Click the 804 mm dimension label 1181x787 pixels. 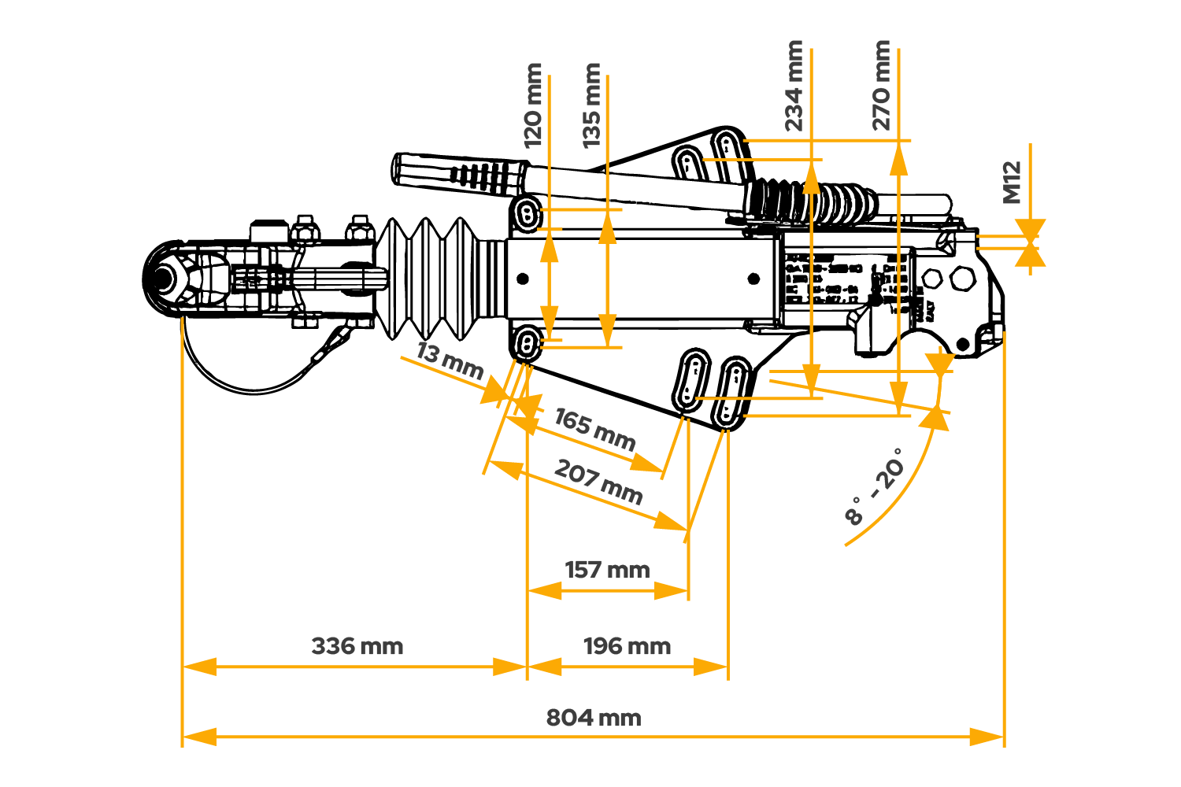click(x=593, y=718)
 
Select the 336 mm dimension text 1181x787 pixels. click(x=357, y=647)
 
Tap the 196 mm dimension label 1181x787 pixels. click(x=627, y=647)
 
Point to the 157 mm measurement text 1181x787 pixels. click(x=607, y=570)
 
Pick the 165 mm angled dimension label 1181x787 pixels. click(x=594, y=428)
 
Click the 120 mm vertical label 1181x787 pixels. click(x=534, y=106)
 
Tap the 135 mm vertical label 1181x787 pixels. click(x=592, y=106)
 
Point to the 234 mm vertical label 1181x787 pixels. click(x=794, y=86)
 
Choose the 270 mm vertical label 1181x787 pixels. click(x=882, y=86)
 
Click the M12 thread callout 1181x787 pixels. click(x=1012, y=183)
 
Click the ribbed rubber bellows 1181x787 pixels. click(x=433, y=277)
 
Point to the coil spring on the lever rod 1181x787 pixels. click(x=811, y=201)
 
